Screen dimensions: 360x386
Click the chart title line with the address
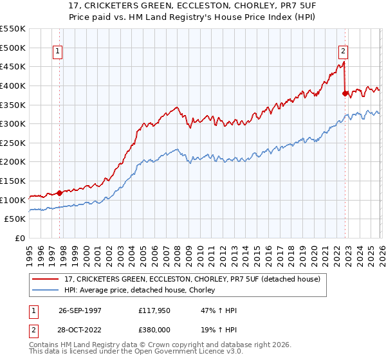point(193,6)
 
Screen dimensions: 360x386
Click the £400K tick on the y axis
point(13,85)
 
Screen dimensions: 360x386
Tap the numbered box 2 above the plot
point(344,52)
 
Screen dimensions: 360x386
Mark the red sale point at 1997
point(60,192)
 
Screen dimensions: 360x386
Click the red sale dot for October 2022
point(345,93)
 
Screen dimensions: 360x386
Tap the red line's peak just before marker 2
point(344,62)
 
